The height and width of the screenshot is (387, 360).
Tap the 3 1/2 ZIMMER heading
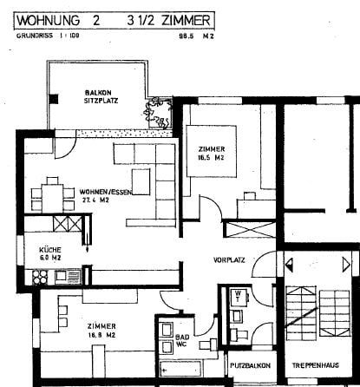[x=169, y=17]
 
